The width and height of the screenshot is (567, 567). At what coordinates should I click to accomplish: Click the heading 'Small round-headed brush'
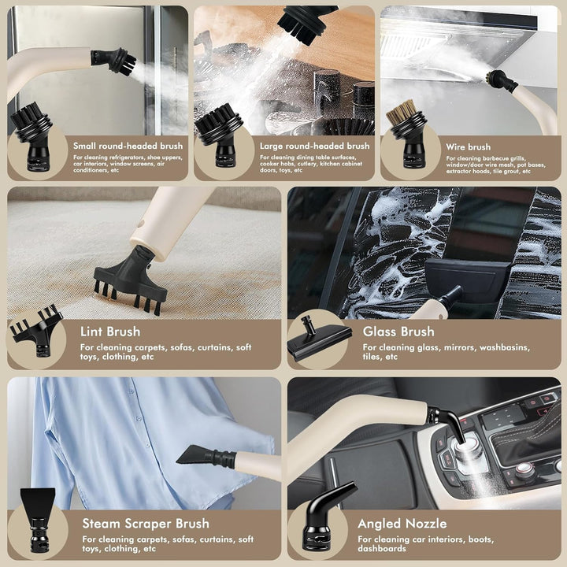tap(128, 146)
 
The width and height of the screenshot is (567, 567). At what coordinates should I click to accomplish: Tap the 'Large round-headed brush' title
tap(314, 146)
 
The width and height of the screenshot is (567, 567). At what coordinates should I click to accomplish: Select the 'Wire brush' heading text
tap(469, 147)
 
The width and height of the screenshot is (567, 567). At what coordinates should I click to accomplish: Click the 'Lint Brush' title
tap(110, 332)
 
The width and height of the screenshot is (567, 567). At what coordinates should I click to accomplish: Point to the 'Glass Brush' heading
tap(398, 332)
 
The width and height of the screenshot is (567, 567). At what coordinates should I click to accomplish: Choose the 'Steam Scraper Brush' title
tap(146, 524)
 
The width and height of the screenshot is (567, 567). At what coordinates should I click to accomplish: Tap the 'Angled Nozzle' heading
tap(402, 524)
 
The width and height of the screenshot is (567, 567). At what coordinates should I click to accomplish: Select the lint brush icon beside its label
tap(36, 331)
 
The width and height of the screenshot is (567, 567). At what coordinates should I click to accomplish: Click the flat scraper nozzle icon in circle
tap(38, 520)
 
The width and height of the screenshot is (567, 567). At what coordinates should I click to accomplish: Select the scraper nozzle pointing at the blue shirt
tap(206, 456)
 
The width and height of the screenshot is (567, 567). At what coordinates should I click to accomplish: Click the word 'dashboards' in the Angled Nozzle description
tap(382, 549)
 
